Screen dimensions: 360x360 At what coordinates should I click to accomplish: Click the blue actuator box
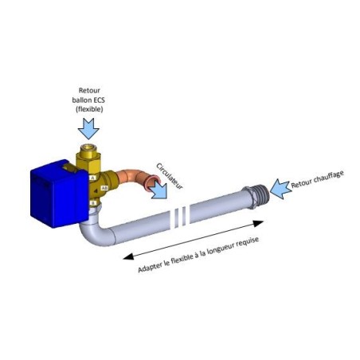coord(59,194)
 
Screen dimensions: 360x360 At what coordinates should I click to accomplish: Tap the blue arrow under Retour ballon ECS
coord(88,128)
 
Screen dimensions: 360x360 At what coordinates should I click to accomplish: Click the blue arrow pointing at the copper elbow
coord(159,190)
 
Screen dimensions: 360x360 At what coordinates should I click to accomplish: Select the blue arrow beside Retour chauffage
coord(280,189)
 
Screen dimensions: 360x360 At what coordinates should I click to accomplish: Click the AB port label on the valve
coord(104,188)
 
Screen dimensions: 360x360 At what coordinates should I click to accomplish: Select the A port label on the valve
coord(92,178)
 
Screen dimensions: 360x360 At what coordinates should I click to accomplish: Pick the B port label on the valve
coord(92,203)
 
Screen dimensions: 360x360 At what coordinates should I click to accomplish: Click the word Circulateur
coord(170,176)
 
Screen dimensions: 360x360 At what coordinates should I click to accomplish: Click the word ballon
coord(80,100)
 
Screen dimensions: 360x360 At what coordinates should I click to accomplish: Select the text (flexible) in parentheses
coord(89,109)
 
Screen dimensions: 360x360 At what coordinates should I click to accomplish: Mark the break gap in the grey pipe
coord(180,217)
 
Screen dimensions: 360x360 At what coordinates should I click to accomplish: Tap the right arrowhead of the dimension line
coord(257,224)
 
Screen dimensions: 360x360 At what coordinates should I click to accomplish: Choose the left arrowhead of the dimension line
coord(128,256)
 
